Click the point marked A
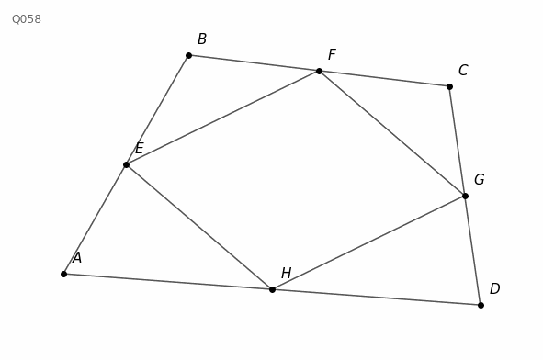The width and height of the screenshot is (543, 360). click(63, 275)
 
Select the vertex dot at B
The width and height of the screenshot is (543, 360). click(188, 55)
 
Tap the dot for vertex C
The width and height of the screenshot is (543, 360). click(449, 86)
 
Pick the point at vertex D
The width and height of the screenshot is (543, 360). click(481, 305)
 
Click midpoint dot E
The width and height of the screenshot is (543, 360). click(127, 164)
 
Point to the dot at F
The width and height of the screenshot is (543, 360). click(320, 72)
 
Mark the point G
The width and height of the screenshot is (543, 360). click(465, 196)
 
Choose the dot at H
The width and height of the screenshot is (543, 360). click(272, 289)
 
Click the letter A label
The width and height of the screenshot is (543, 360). click(77, 258)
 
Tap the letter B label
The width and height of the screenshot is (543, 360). click(202, 39)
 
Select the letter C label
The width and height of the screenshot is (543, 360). click(463, 71)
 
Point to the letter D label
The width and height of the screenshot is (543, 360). click(494, 288)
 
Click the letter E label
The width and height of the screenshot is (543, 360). click(139, 149)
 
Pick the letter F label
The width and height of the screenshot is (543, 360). click(332, 55)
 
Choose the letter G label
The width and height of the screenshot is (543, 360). click(479, 179)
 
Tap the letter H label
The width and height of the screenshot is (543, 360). click(286, 273)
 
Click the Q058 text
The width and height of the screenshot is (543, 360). click(27, 19)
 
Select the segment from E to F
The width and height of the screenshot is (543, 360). click(222, 118)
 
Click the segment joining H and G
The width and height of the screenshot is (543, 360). click(368, 242)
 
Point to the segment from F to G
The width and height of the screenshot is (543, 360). click(392, 133)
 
